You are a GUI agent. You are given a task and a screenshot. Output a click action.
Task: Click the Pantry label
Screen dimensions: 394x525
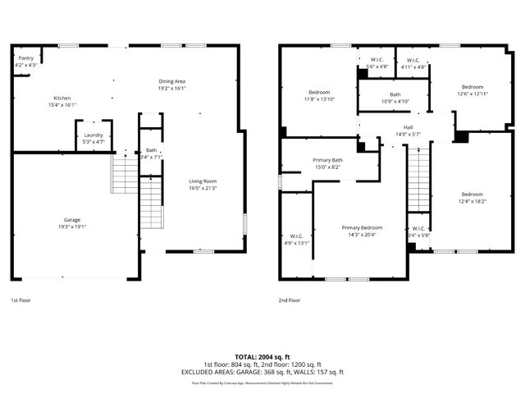point(25,59)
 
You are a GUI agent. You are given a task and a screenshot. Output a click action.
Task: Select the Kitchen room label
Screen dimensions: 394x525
point(62,98)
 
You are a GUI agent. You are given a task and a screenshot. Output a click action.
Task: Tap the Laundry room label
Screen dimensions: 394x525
point(94,135)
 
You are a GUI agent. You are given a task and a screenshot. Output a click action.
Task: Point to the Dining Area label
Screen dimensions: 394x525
point(172,81)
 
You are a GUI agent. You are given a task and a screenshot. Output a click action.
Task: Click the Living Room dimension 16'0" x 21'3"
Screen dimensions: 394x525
point(203,188)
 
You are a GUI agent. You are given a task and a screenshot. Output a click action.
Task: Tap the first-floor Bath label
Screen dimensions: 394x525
point(151,150)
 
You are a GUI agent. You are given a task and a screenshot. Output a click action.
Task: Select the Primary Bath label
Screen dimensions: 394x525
point(326,160)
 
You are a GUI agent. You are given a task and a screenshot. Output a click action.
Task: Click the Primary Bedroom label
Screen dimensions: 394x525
point(362,227)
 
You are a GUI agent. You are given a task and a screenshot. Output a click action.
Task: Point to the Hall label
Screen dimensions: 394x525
point(408,127)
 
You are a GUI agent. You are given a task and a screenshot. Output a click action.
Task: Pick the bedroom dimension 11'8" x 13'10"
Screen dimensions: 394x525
point(320,98)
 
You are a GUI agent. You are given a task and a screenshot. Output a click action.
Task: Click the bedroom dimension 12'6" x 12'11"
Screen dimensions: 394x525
point(472,94)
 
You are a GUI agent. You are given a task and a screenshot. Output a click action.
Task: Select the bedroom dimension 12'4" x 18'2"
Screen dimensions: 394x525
point(472,200)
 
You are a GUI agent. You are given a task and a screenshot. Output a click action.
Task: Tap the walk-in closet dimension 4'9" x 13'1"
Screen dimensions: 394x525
point(296,243)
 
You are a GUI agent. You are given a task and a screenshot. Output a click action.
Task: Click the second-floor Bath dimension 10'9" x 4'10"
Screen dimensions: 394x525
point(395,102)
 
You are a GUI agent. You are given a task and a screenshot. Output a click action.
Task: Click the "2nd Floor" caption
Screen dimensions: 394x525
point(290,301)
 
